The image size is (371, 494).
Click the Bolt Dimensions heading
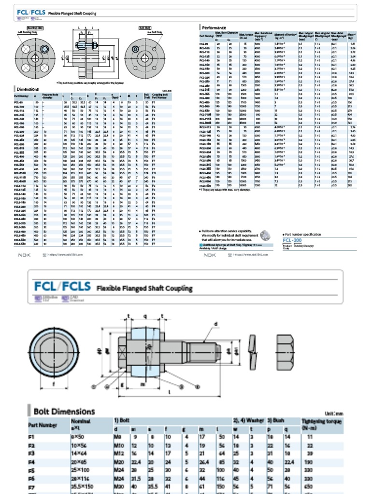click(x=64, y=412)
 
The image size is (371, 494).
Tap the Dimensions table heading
click(x=28, y=89)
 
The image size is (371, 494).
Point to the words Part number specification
click(x=303, y=234)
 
